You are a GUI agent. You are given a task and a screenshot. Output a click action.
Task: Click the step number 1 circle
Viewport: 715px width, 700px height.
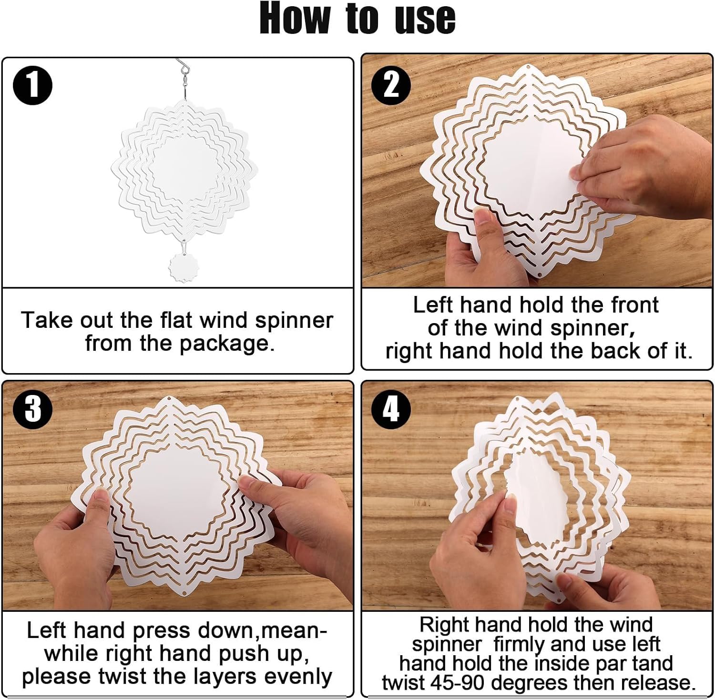pos(32,85)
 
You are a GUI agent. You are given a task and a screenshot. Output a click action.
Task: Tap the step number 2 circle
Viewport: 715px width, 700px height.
pos(391,84)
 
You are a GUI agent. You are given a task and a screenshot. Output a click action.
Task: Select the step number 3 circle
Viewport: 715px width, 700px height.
pos(32,409)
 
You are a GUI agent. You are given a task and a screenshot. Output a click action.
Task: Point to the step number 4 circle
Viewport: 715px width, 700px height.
pos(391,409)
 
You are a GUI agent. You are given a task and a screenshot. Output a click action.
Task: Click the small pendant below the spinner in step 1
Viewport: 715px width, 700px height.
pos(183,267)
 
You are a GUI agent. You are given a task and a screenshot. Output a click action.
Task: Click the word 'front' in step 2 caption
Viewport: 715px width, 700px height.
pos(634,305)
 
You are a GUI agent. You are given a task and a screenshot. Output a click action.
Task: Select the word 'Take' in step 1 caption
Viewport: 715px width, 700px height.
pos(46,320)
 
